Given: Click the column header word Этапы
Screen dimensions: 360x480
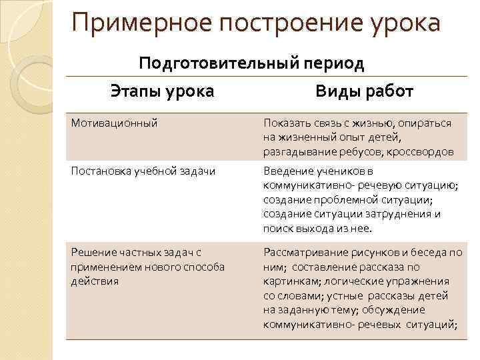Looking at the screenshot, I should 135,91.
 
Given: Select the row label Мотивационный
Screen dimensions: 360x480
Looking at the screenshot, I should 109,123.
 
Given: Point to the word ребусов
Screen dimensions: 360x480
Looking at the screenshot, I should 361,151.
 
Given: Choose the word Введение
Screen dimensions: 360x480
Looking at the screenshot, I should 289,171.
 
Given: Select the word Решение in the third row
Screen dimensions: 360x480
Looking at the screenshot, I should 93,252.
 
